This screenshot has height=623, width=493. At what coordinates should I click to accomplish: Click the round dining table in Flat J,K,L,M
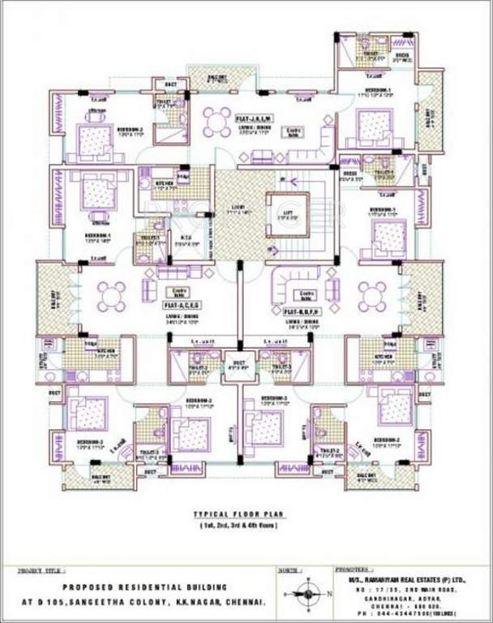(x=216, y=122)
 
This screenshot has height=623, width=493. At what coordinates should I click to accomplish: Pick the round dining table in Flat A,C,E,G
(x=111, y=295)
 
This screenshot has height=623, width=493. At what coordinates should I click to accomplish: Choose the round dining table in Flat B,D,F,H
(x=372, y=296)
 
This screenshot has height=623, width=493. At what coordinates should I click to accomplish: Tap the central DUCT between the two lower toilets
(x=239, y=364)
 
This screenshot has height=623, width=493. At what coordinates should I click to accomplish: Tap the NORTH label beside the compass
(x=288, y=571)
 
